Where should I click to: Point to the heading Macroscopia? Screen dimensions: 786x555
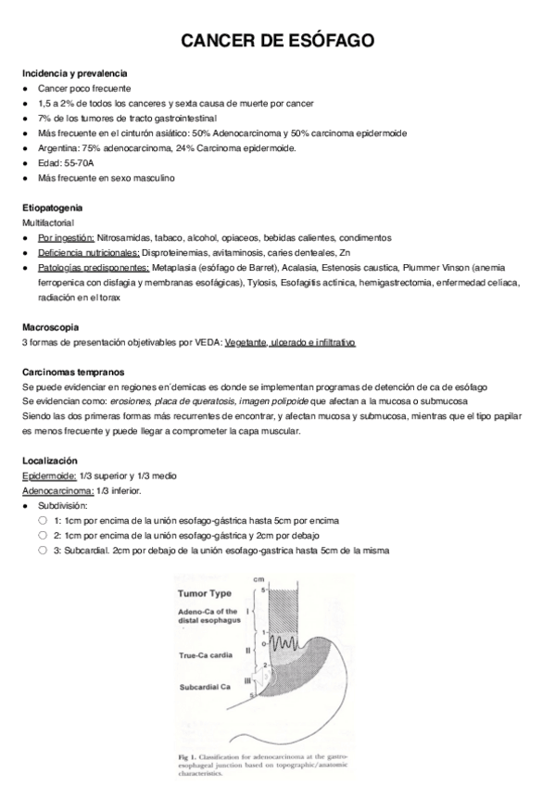tap(51, 327)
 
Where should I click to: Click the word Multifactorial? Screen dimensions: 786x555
tap(48, 223)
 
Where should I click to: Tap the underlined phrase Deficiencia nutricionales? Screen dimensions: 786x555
tap(89, 253)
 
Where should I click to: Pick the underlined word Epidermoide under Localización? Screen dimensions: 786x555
tap(49, 475)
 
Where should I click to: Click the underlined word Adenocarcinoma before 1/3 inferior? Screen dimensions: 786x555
tap(57, 490)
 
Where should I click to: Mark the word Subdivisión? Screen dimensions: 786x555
tap(63, 505)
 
